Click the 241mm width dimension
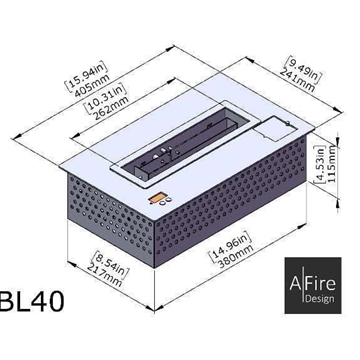pyautogui.click(x=299, y=83)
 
